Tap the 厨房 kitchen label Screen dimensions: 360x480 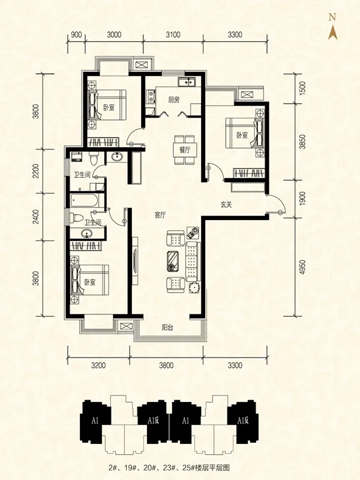173,100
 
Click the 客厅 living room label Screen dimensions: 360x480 160,215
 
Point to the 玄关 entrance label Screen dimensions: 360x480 226,204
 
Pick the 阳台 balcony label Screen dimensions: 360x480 168,328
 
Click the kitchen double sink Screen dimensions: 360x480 187,82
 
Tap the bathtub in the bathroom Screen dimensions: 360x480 84,200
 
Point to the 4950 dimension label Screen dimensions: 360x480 302,267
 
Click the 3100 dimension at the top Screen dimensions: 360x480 173,35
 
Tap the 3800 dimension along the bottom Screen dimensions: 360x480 166,365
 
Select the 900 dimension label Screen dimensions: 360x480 76,35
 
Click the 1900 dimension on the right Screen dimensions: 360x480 302,199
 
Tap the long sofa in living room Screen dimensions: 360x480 192,262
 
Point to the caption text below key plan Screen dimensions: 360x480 169,467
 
